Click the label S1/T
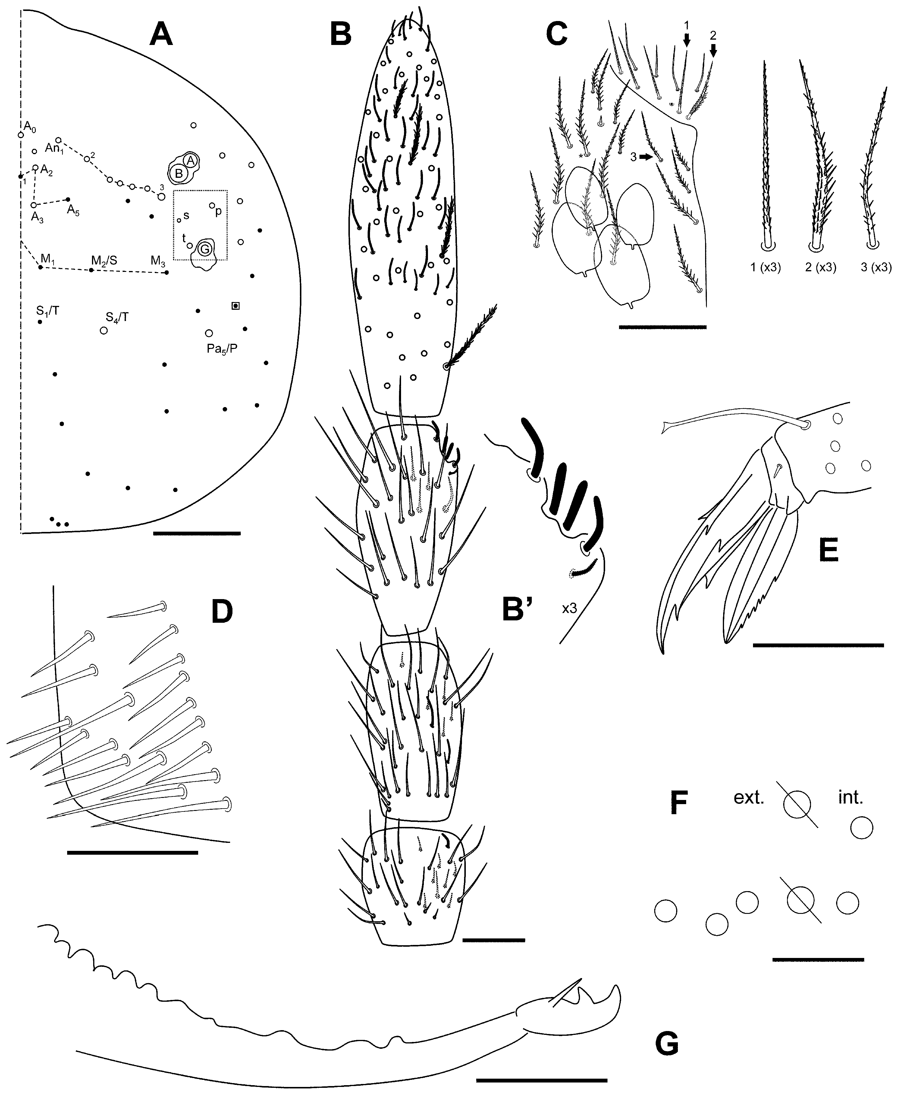pos(48,311)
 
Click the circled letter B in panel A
pos(179,174)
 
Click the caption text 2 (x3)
pos(820,268)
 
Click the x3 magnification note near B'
pos(569,608)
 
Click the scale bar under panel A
pos(197,533)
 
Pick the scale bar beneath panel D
pos(133,852)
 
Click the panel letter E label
pos(828,550)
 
